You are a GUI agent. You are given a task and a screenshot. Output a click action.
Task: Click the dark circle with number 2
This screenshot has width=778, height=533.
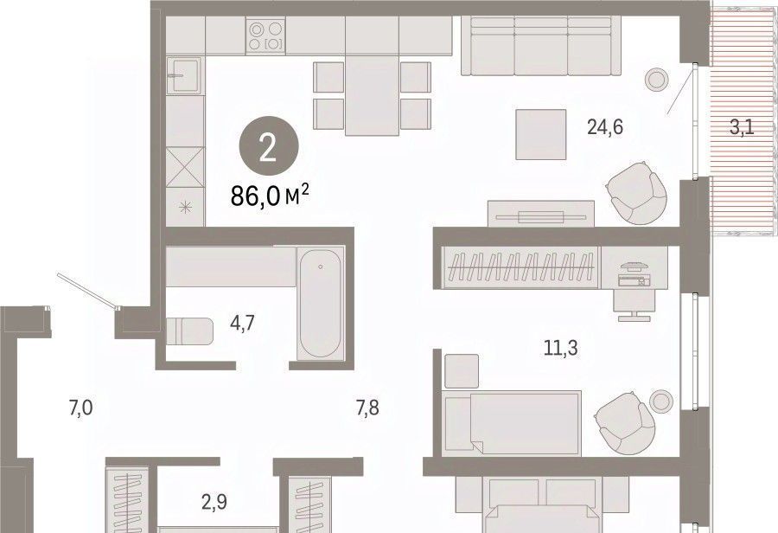tap(269, 146)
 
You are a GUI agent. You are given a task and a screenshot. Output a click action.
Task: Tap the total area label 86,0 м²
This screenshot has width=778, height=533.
tap(270, 196)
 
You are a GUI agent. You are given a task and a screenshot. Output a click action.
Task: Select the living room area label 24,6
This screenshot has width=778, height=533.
tap(605, 128)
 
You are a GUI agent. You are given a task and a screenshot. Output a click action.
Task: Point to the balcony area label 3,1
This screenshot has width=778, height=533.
tap(742, 128)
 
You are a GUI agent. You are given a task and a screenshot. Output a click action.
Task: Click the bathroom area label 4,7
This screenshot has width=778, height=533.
tap(242, 324)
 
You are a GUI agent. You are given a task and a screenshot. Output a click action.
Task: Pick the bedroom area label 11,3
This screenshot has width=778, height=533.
tap(561, 348)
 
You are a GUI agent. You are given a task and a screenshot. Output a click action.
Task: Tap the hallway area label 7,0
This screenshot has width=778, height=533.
tap(80, 408)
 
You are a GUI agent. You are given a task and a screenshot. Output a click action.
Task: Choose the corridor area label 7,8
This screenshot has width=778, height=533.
tap(367, 408)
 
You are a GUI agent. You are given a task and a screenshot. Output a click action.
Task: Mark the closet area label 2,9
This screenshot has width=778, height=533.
tap(214, 502)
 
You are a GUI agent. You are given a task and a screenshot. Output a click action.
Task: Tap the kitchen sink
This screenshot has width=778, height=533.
tap(185, 75)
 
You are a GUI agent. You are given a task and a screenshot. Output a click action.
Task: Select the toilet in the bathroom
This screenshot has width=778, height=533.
tap(189, 331)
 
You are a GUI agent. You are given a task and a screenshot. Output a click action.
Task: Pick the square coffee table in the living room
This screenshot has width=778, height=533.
tap(541, 135)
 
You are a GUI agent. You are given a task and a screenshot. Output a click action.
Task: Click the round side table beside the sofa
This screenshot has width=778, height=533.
tap(657, 79)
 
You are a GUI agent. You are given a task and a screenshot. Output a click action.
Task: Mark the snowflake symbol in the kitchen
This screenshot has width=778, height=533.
tap(185, 208)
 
